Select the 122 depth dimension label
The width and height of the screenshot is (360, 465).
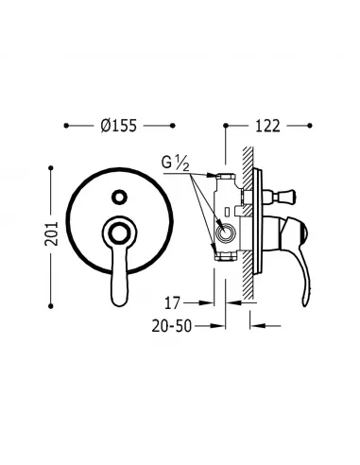click(x=267, y=124)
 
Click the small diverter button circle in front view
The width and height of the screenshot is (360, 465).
click(x=119, y=197)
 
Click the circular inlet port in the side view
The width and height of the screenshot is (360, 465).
click(x=228, y=233)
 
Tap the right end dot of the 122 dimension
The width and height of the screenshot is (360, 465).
click(x=312, y=124)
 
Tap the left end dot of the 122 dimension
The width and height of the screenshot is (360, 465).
click(x=225, y=124)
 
